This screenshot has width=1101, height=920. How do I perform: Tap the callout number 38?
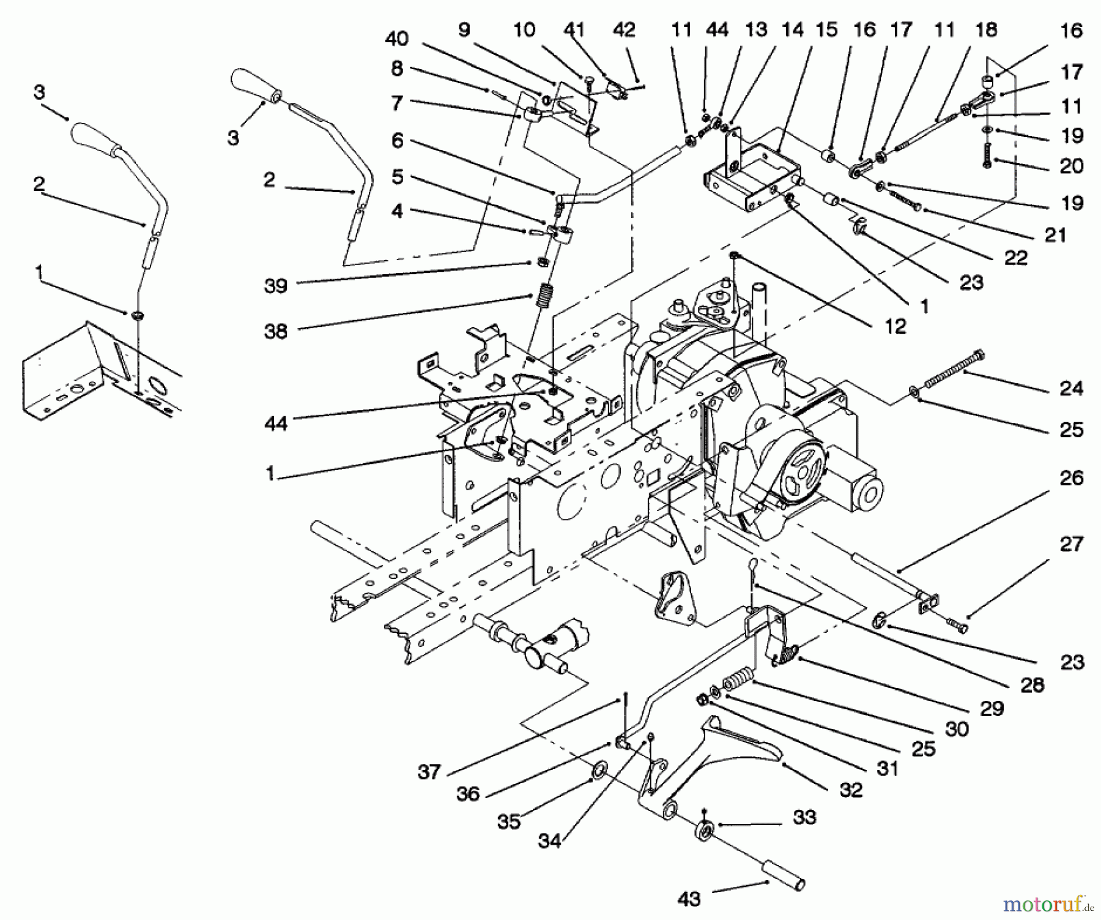tap(275, 331)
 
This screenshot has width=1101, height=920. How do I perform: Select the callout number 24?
tap(1071, 388)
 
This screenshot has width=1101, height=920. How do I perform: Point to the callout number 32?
tap(851, 790)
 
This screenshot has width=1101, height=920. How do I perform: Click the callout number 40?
tap(396, 39)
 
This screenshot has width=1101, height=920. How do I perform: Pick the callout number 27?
tap(1071, 544)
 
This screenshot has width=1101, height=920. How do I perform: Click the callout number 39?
tap(275, 285)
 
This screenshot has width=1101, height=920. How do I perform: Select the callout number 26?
tap(1071, 478)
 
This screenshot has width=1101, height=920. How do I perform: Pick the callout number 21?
tap(1055, 234)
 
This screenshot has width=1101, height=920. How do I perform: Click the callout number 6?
tap(398, 141)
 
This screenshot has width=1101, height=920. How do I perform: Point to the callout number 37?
tap(429, 772)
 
